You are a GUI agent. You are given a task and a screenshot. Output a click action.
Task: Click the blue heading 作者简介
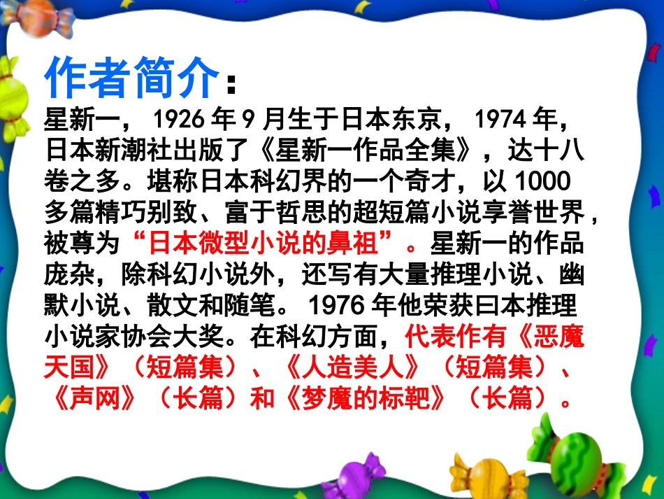click(131, 78)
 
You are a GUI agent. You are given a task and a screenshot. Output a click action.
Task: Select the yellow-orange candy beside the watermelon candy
click(489, 476)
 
